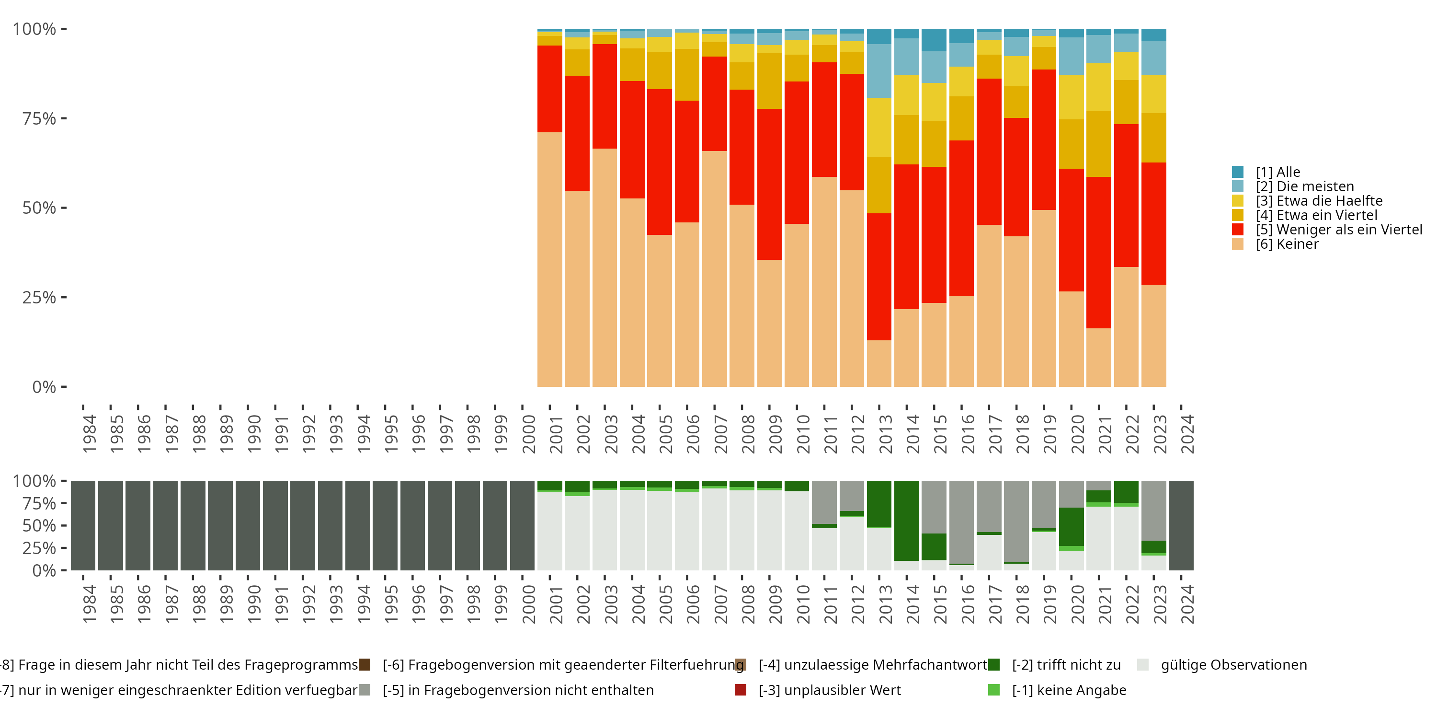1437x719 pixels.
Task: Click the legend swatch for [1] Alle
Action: coord(1237,172)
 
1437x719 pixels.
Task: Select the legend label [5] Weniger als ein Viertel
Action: coord(1339,230)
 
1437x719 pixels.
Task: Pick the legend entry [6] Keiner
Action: coord(1287,244)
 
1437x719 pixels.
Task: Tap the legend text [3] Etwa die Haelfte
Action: coord(1319,201)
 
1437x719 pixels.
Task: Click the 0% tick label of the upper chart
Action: coord(44,387)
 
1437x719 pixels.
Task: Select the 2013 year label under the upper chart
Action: coord(885,434)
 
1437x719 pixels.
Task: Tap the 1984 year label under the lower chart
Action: coord(89,604)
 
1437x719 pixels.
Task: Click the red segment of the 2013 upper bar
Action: coord(879,276)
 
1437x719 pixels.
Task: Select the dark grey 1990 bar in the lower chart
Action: coord(248,525)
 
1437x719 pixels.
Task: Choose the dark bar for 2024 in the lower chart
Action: coord(1181,525)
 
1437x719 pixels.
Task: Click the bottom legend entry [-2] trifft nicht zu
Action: coord(1065,665)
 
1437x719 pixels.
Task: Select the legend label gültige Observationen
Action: coord(1233,665)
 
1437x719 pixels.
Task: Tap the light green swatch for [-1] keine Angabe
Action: coord(993,690)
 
